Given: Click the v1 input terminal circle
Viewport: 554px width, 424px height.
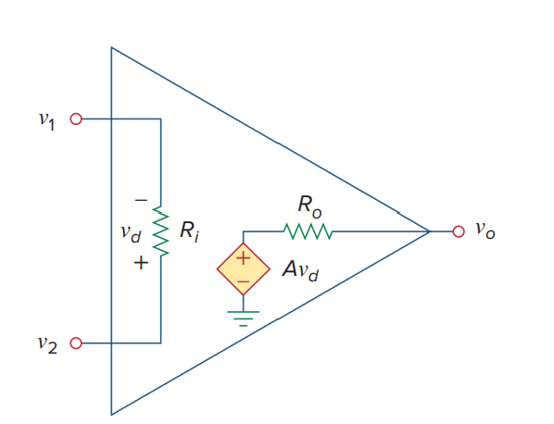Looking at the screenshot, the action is [76, 119].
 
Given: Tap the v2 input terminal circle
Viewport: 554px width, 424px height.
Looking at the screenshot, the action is [76, 343].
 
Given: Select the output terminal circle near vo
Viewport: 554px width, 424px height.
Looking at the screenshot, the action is [459, 231].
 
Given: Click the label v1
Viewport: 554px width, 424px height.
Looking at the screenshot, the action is [46, 120].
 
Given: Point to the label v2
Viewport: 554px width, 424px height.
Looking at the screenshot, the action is [47, 344].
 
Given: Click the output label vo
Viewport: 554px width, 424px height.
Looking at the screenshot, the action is [485, 231].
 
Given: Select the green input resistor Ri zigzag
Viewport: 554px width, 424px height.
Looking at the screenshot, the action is [161, 231].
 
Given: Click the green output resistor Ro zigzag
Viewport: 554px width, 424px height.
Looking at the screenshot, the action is [308, 231].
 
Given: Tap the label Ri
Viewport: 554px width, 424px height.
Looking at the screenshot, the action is [189, 231].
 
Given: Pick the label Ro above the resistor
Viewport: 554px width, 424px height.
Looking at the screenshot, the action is [309, 206].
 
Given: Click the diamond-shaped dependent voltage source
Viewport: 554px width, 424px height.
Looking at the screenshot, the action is [244, 269].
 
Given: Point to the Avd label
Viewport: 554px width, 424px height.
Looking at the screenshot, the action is [300, 270].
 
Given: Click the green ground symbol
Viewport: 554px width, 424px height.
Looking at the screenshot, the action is [243, 318].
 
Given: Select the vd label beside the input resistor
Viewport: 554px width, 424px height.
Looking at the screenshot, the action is [131, 233].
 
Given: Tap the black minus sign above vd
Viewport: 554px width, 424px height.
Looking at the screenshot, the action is [141, 201].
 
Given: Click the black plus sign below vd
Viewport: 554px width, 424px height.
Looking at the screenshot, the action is [141, 263].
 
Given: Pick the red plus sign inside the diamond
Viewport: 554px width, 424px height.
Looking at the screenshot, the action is [243, 258].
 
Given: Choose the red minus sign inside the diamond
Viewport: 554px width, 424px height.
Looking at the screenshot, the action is [243, 281].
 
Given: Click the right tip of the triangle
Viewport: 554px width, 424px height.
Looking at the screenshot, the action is [431, 231].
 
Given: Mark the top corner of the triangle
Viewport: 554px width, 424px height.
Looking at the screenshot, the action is [112, 47].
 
